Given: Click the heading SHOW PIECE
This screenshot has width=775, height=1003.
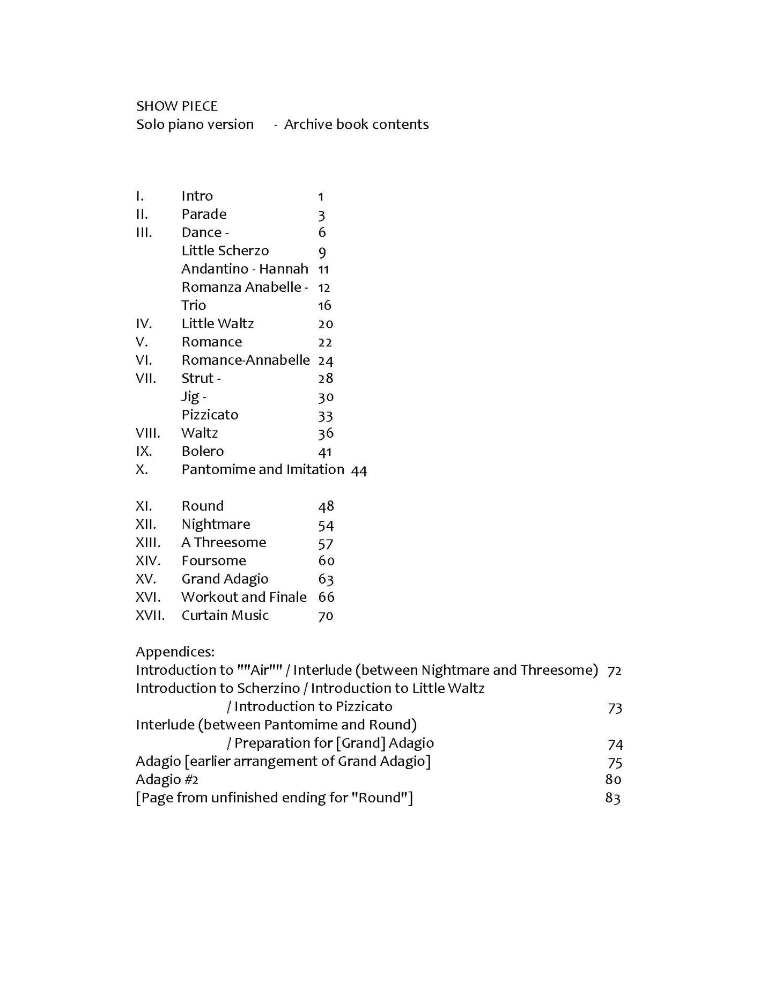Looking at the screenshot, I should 176,106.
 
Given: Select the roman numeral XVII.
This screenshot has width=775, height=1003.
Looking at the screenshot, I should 150,615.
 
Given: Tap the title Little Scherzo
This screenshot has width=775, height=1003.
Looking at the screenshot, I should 225,250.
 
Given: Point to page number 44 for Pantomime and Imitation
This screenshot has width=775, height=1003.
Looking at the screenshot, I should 359,470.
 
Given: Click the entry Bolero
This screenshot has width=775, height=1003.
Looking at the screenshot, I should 202,451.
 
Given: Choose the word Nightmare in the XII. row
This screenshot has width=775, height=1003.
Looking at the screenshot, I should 216,524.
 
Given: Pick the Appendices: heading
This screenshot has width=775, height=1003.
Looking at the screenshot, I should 175,652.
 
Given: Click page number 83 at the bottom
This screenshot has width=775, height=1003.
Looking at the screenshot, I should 612,798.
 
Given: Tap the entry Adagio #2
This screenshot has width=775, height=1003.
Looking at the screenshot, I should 167,779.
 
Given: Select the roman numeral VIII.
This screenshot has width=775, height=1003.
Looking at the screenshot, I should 147,433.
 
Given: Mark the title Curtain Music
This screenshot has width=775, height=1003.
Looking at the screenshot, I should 225,615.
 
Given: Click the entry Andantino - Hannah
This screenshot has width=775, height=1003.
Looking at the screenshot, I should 245,269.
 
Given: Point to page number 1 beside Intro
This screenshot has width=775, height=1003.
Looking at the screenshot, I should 321,197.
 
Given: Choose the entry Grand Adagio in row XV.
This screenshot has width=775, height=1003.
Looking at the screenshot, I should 225,579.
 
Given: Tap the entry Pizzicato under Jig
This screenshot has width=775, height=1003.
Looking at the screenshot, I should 210,415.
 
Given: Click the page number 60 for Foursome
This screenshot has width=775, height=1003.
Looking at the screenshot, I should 326,561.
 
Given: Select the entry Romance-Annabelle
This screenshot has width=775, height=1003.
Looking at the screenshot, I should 245,360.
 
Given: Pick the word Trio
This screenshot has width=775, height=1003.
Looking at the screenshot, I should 194,305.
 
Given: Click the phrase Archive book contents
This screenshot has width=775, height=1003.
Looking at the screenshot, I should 356,124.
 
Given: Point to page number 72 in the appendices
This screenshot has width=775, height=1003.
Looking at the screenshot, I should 614,670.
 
